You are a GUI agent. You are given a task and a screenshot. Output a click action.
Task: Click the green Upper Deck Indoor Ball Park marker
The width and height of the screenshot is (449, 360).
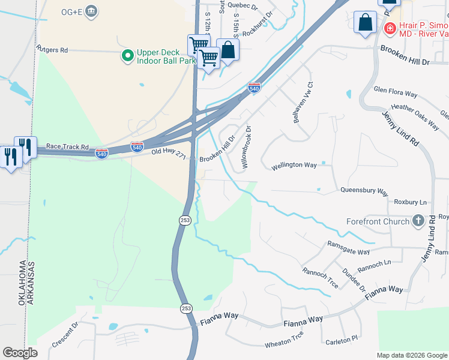(127, 56)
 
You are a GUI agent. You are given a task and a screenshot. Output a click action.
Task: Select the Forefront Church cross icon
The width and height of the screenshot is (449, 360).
(418, 221)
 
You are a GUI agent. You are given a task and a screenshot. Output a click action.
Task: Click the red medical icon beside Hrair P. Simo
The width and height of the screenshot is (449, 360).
(390, 28)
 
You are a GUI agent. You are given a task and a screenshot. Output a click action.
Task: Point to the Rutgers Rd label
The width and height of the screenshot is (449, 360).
(52, 50)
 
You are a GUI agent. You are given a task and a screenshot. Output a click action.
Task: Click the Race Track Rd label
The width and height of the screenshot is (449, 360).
(67, 146)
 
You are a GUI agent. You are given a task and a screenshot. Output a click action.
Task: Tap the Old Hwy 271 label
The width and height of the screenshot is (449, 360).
(169, 155)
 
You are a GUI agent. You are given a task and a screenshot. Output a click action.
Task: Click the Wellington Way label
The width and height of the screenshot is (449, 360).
(293, 165)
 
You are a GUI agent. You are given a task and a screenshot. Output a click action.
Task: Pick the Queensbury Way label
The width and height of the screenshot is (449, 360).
(364, 191)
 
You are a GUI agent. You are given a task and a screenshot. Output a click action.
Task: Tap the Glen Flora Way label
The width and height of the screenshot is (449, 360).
(395, 94)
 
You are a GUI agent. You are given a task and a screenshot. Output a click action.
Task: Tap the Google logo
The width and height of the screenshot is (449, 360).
(20, 353)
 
